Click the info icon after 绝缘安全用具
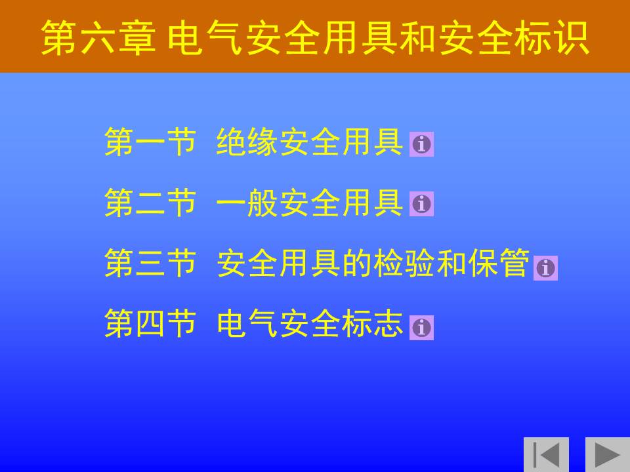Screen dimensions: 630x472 click(x=421, y=144)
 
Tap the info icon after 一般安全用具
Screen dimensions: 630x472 click(x=421, y=204)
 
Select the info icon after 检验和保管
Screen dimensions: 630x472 click(x=545, y=267)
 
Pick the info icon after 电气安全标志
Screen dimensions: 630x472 click(x=421, y=328)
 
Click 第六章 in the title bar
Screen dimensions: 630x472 click(x=98, y=38)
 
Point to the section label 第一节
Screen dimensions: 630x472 click(x=150, y=142)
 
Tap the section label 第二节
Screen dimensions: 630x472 click(x=150, y=203)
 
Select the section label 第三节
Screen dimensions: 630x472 click(x=150, y=263)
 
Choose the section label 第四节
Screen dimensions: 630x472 click(x=150, y=323)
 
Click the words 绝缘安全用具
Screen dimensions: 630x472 click(x=310, y=142)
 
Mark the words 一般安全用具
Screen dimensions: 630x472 click(x=310, y=203)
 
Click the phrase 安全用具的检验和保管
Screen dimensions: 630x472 click(x=373, y=263)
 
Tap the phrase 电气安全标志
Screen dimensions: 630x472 click(x=310, y=323)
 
